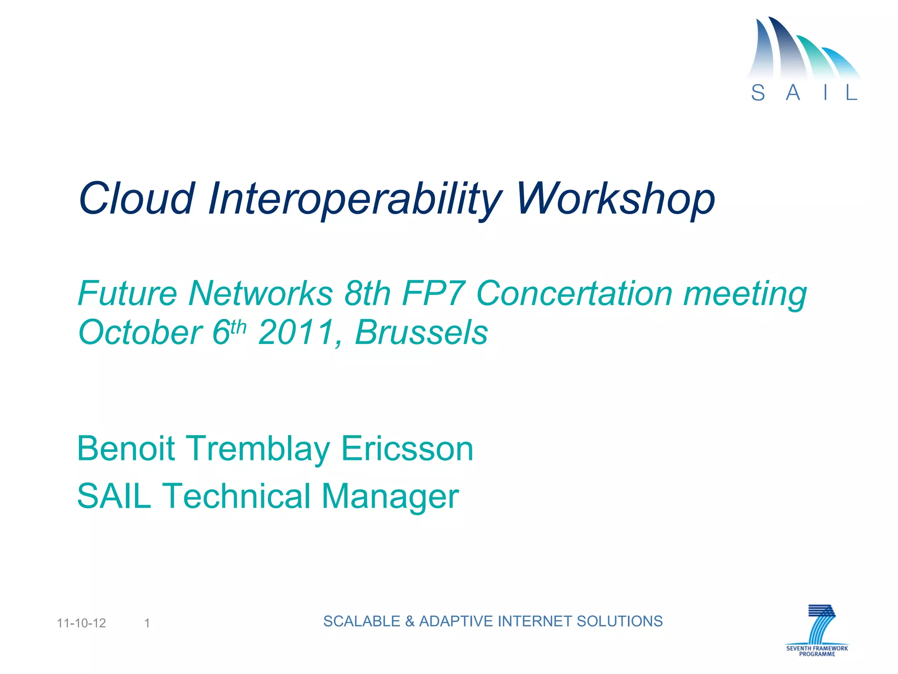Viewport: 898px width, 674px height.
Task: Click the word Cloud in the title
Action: pyautogui.click(x=136, y=198)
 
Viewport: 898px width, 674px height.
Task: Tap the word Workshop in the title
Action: pyautogui.click(x=616, y=200)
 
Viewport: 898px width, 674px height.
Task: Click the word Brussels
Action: pyautogui.click(x=421, y=332)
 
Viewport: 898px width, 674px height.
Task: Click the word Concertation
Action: pyautogui.click(x=574, y=293)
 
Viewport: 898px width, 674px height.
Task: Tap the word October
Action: pyautogui.click(x=140, y=332)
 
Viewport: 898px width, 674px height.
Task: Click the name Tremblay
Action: pyautogui.click(x=259, y=448)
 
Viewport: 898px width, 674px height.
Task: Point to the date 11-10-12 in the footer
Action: pyautogui.click(x=82, y=623)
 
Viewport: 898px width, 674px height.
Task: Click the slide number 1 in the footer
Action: pyautogui.click(x=147, y=623)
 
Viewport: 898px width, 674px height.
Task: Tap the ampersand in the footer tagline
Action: pyautogui.click(x=410, y=621)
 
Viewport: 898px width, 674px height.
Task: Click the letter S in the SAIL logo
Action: pyautogui.click(x=758, y=93)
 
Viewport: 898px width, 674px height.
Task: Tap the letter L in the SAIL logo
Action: pyautogui.click(x=851, y=93)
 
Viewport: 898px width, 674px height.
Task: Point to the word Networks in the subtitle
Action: pyautogui.click(x=260, y=293)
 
